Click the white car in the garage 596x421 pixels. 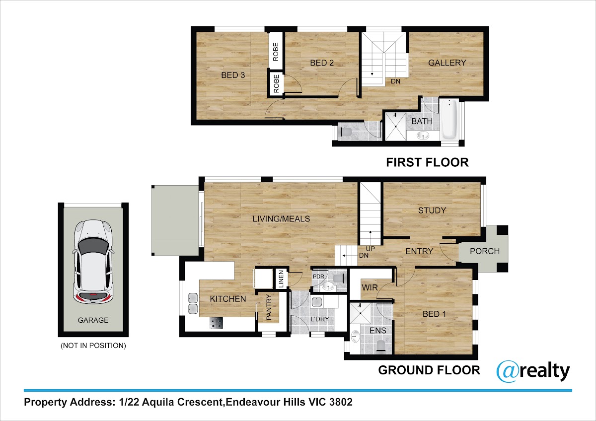(93, 262)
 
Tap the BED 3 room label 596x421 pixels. (233, 75)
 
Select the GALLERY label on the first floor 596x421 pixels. (447, 63)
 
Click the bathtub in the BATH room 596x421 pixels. (449, 119)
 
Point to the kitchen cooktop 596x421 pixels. (217, 323)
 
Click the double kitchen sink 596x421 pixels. (193, 303)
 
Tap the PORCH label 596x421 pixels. (485, 251)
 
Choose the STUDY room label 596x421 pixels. (432, 210)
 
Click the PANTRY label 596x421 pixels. (269, 307)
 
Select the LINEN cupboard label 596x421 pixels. (281, 279)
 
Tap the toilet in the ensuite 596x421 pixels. (381, 346)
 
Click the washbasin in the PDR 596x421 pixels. (328, 286)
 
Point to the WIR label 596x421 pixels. (370, 287)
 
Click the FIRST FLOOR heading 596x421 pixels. (427, 162)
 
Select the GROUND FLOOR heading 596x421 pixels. (429, 370)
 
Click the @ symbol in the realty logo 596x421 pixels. (508, 371)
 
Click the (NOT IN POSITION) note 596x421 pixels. (93, 346)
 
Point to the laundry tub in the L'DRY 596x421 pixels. (317, 303)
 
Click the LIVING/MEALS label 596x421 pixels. (281, 219)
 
